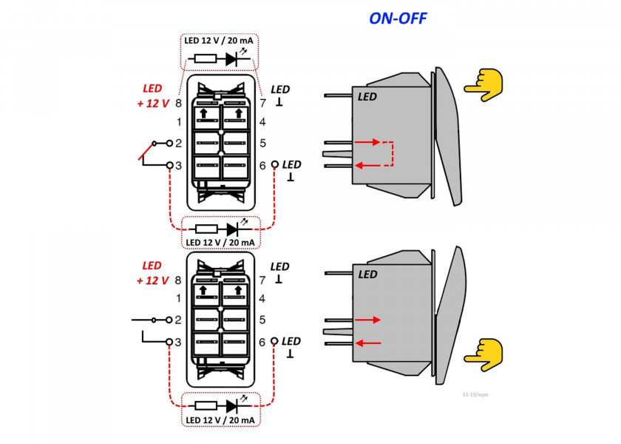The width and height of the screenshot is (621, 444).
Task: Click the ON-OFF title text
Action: pyautogui.click(x=398, y=18)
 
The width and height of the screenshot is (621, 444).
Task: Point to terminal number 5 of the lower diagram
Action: pyautogui.click(x=262, y=320)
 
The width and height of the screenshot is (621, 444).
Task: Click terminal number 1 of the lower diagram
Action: pyautogui.click(x=178, y=299)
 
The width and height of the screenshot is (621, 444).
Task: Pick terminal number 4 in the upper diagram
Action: pyautogui.click(x=262, y=122)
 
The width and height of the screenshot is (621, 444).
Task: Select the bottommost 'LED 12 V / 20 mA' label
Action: pyautogui.click(x=220, y=420)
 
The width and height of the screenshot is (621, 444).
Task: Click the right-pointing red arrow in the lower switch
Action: pyautogui.click(x=367, y=320)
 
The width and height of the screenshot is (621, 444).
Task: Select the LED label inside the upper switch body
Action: pyautogui.click(x=367, y=97)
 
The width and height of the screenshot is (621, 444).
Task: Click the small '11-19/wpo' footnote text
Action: pyautogui.click(x=475, y=395)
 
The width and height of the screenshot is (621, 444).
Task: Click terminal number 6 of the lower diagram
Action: pyautogui.click(x=262, y=342)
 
